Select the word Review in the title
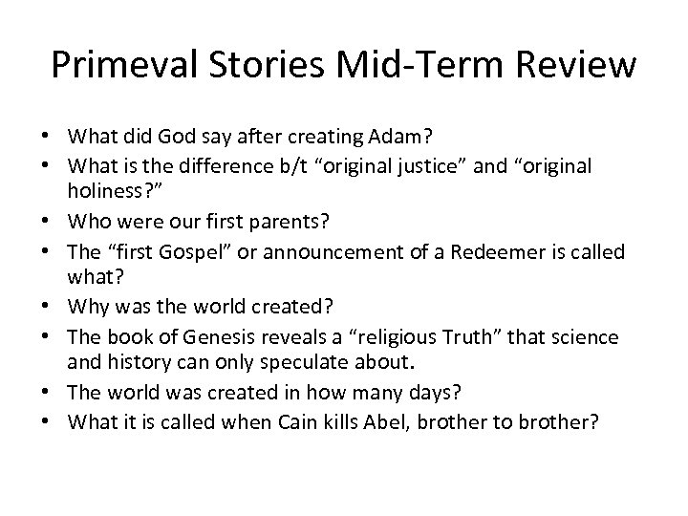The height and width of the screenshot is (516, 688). (x=577, y=66)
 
